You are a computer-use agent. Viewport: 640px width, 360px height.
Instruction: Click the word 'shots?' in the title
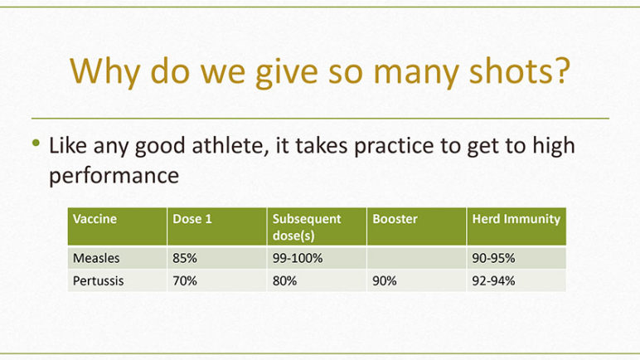[x=519, y=71]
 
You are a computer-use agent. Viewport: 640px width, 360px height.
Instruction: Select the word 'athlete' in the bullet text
[x=230, y=145]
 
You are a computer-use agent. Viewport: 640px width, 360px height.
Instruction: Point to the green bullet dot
[x=36, y=143]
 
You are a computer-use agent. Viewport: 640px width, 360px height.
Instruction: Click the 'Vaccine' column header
[x=95, y=219]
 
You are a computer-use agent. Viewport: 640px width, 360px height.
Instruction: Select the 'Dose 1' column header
[x=192, y=219]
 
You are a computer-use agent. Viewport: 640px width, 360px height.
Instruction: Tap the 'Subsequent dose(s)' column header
[x=307, y=226]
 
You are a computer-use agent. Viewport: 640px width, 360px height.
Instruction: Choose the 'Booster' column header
[x=395, y=219]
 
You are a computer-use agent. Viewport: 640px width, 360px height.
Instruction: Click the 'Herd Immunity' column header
[x=516, y=219]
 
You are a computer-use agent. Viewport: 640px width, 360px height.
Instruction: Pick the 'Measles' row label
[x=96, y=258]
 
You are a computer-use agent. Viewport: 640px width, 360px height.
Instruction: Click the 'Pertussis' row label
[x=99, y=281]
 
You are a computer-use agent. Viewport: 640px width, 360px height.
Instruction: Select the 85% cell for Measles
[x=185, y=258]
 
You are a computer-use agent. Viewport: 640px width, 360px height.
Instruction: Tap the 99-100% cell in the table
[x=298, y=258]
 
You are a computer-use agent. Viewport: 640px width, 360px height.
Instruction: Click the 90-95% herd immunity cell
[x=493, y=258]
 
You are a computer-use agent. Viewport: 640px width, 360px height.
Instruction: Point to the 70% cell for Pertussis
[x=185, y=281]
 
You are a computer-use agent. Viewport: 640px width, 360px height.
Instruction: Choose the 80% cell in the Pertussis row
[x=284, y=281]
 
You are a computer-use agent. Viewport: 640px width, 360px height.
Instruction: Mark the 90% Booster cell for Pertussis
[x=385, y=281]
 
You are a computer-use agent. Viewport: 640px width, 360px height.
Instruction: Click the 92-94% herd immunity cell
[x=493, y=281]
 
